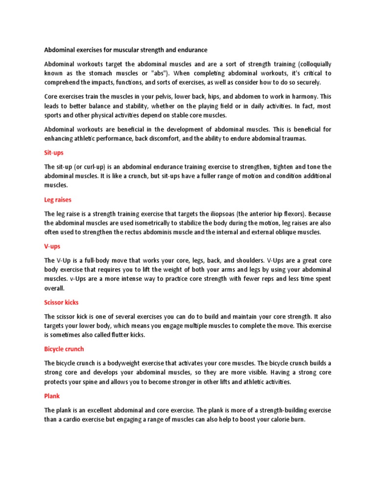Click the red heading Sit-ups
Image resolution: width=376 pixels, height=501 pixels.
(x=54, y=153)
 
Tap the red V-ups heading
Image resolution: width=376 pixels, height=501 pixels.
(x=52, y=247)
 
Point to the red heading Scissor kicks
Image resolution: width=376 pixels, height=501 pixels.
(x=61, y=302)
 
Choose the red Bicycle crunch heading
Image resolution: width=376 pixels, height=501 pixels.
(x=64, y=349)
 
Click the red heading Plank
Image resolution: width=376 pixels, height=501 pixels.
(x=52, y=396)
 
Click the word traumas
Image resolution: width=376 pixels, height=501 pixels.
(x=292, y=138)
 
